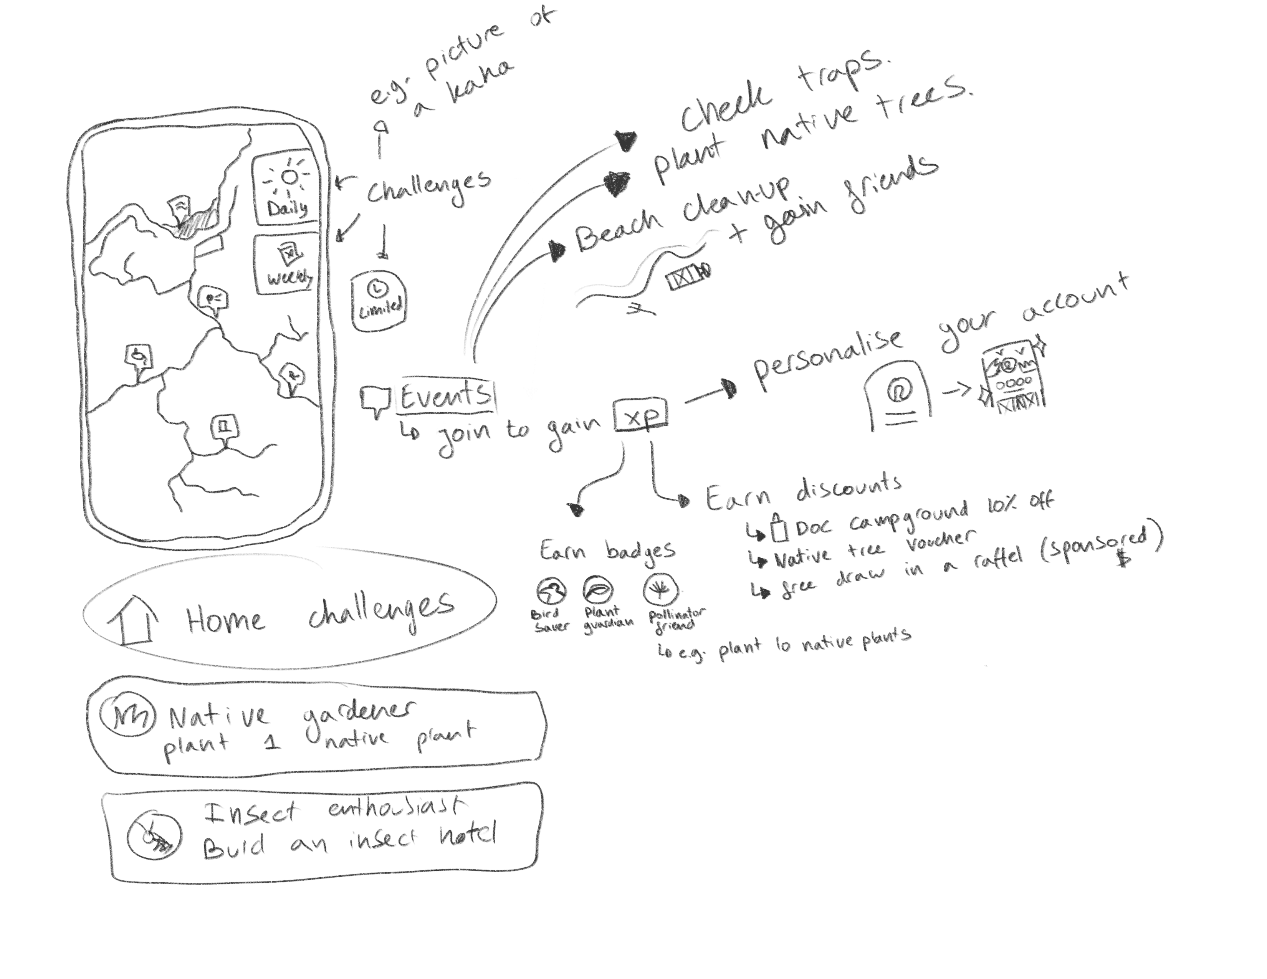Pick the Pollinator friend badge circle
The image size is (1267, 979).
click(660, 589)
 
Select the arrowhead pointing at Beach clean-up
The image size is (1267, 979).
click(557, 251)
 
